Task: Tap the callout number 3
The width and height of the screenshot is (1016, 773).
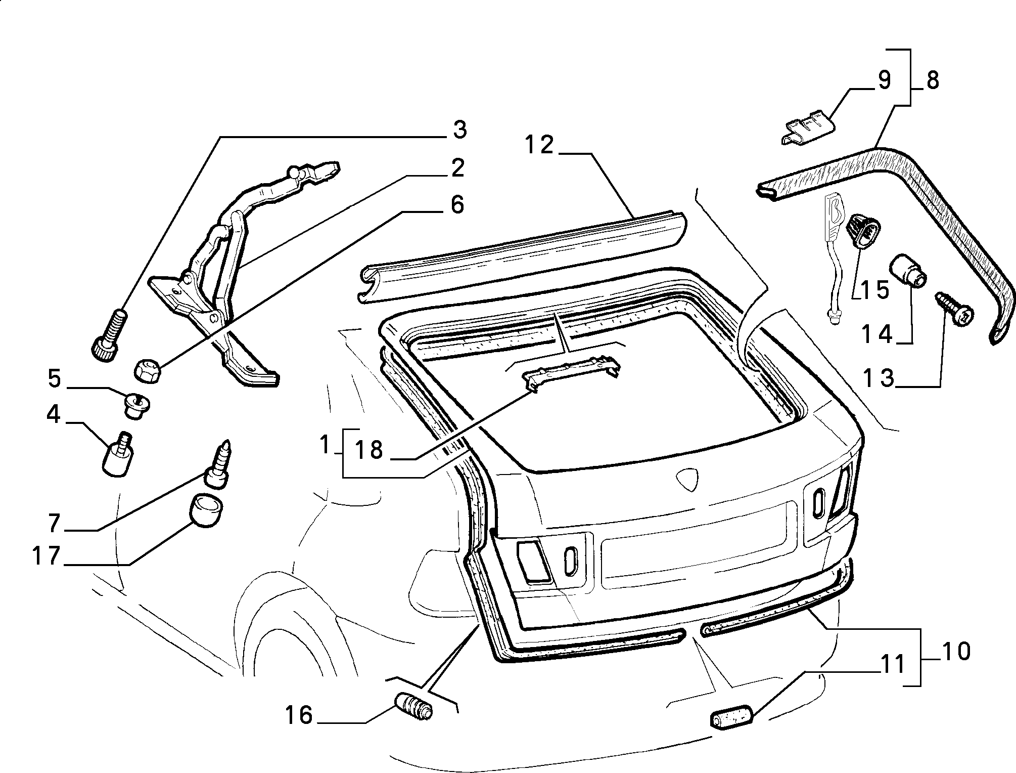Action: pos(459,130)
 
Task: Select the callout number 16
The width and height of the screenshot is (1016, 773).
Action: pos(299,715)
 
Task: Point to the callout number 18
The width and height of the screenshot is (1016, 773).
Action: pos(369,450)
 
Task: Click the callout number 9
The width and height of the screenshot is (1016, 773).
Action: pos(884,80)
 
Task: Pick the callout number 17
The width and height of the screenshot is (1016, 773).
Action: pos(46,555)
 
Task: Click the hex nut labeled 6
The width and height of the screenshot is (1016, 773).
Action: pos(148,371)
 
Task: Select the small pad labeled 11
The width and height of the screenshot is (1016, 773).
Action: pos(732,718)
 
